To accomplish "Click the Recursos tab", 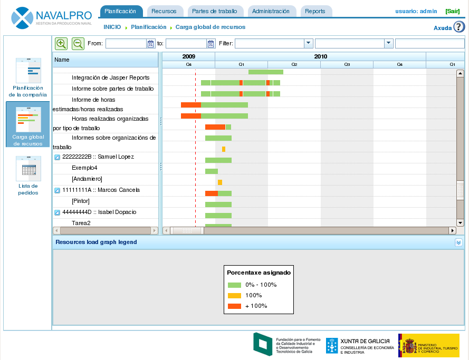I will click(164, 11).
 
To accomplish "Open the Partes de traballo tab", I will click(215, 11).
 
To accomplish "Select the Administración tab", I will click(271, 11).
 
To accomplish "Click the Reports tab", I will click(315, 11).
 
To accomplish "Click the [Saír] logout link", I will click(452, 11).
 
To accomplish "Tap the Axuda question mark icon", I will click(459, 27).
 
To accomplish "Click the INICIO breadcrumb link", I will click(112, 27).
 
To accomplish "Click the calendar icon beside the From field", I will click(150, 44).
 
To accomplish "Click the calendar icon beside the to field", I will click(211, 44).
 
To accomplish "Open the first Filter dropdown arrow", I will click(309, 44).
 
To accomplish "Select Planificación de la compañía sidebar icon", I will click(28, 71).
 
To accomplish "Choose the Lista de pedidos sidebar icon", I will click(28, 168).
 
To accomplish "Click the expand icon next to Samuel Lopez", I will click(57, 157).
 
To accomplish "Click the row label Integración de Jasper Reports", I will click(110, 77).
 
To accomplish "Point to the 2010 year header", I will click(320, 56).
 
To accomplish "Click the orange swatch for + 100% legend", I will click(234, 306).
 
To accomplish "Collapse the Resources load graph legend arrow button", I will click(458, 242).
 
